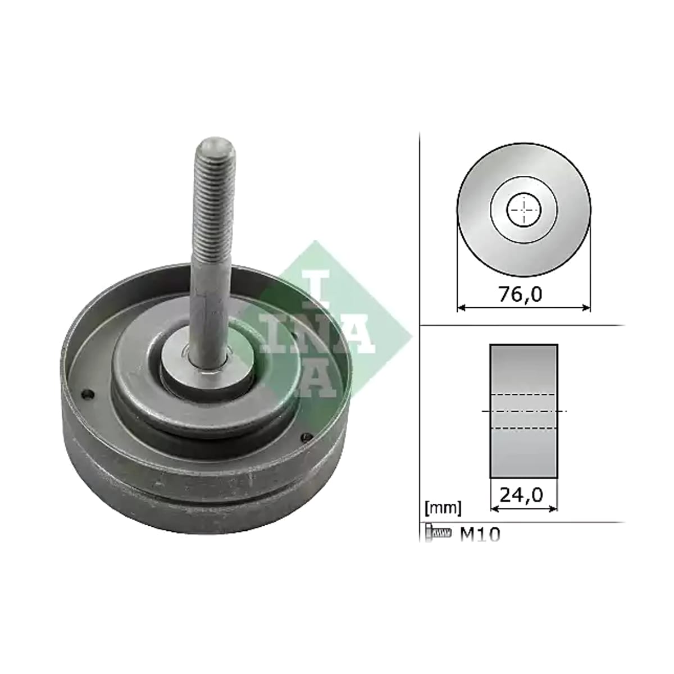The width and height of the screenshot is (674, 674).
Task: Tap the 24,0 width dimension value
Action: coord(521,495)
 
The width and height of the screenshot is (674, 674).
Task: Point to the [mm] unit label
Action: coord(443,508)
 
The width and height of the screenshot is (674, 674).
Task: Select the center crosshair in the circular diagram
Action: coord(523,210)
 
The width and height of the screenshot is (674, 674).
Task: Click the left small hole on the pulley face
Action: coord(89,394)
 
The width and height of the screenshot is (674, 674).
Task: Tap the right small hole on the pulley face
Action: coord(307,437)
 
